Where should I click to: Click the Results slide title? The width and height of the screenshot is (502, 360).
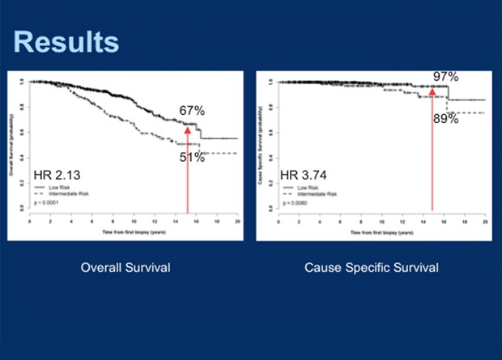pos(66,41)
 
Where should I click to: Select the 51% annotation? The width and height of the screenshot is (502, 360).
pos(192,158)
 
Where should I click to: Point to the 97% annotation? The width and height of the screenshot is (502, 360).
pos(445,77)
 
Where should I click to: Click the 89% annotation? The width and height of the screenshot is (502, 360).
pos(445,118)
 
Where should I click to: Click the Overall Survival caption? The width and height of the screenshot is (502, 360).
pos(125,267)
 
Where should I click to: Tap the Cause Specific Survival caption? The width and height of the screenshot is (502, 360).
pos(372,267)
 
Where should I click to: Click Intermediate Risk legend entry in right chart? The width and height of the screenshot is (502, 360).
pos(313,194)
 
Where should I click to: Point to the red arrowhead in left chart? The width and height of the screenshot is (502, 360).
pos(187,128)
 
